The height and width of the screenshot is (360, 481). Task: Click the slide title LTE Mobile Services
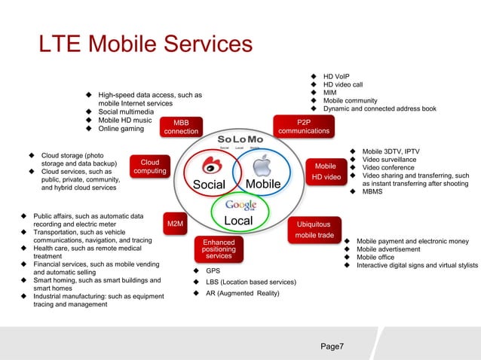[x=146, y=44]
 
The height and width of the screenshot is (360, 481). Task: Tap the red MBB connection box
[x=182, y=127]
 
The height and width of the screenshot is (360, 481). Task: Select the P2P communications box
[x=303, y=125]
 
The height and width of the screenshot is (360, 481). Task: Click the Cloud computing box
[x=149, y=166]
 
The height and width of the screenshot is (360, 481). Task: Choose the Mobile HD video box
[x=326, y=171]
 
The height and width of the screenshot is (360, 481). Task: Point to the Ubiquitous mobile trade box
[x=314, y=229]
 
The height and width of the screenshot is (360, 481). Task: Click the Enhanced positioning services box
[x=219, y=249]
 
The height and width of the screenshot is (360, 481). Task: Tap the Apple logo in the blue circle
[x=261, y=166]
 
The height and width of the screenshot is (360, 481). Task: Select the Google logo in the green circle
[x=240, y=205]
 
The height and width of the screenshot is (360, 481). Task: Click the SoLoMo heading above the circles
[x=240, y=141]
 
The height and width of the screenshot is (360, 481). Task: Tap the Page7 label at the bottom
[x=332, y=346]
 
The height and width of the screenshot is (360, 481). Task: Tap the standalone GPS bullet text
[x=213, y=270]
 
